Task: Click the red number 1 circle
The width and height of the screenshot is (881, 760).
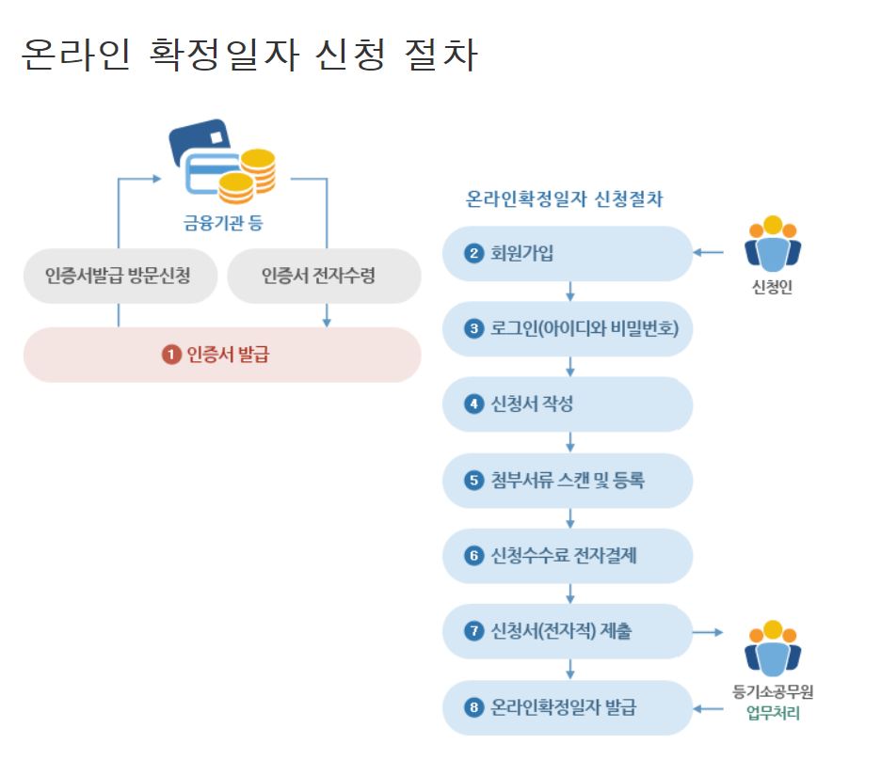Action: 170,355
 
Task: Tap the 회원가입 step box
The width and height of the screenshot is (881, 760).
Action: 567,253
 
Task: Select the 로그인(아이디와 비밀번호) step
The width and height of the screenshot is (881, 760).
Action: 567,328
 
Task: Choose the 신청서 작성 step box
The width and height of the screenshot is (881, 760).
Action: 567,404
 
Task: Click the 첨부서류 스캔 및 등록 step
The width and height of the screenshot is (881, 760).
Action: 567,481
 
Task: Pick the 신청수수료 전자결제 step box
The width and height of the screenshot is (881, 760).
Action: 567,556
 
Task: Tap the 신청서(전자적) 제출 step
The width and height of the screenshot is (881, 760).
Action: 567,631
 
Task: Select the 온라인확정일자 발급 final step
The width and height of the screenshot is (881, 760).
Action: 567,707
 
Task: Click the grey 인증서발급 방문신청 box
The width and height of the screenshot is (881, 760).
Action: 119,276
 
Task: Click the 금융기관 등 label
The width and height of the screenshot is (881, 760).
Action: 222,223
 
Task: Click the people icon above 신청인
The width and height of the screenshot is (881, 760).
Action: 772,247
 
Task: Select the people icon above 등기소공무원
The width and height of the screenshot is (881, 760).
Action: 772,649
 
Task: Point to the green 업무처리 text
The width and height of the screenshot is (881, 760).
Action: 773,713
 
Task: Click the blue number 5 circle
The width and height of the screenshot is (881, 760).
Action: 473,481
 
